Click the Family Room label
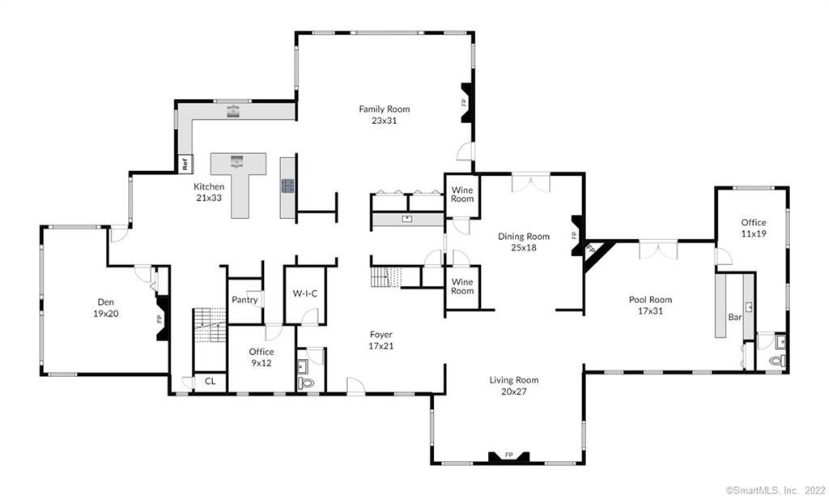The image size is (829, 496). (385, 114)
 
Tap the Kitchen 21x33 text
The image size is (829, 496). (208, 192)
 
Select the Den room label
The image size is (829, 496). (105, 307)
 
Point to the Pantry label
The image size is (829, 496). (244, 300)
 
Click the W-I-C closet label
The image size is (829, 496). (304, 294)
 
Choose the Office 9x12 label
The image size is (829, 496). (261, 357)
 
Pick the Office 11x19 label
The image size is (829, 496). (753, 228)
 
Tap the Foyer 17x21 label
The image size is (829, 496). (380, 339)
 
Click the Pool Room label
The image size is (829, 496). (650, 305)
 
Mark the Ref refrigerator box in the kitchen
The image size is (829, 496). (185, 164)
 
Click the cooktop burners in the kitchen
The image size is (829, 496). (288, 186)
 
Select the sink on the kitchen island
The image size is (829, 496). (238, 160)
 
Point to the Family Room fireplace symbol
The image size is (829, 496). (466, 102)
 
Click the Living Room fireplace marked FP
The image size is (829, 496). (509, 456)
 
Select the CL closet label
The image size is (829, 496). (210, 380)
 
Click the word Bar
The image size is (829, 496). (735, 318)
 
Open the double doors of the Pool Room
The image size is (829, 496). (658, 250)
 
